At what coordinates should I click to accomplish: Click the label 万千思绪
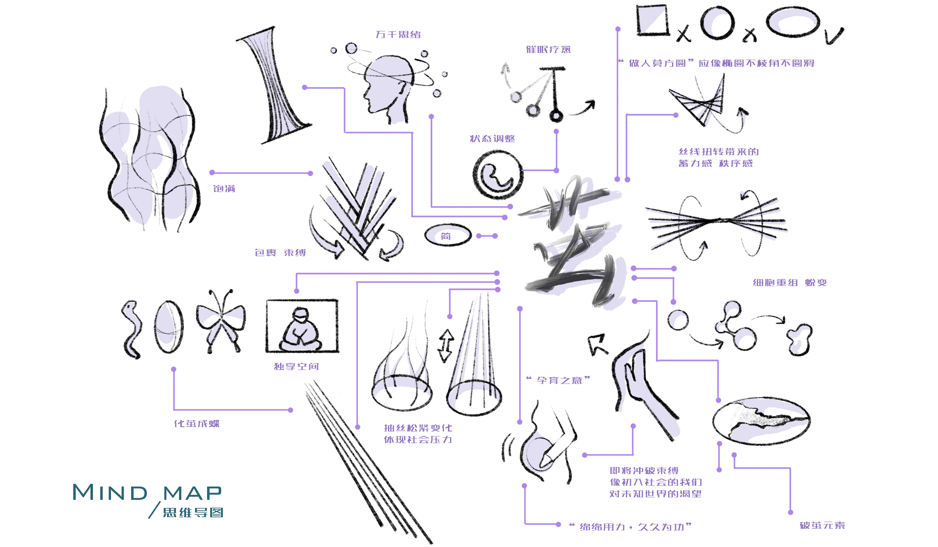pyautogui.click(x=398, y=35)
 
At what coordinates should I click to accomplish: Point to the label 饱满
pyautogui.click(x=224, y=189)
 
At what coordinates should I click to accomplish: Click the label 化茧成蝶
pyautogui.click(x=196, y=424)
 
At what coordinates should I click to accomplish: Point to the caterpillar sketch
pyautogui.click(x=131, y=329)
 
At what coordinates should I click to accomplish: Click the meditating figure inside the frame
pyautogui.click(x=301, y=330)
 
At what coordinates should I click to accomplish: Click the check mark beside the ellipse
pyautogui.click(x=834, y=37)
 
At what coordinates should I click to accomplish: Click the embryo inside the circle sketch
pyautogui.click(x=497, y=175)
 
